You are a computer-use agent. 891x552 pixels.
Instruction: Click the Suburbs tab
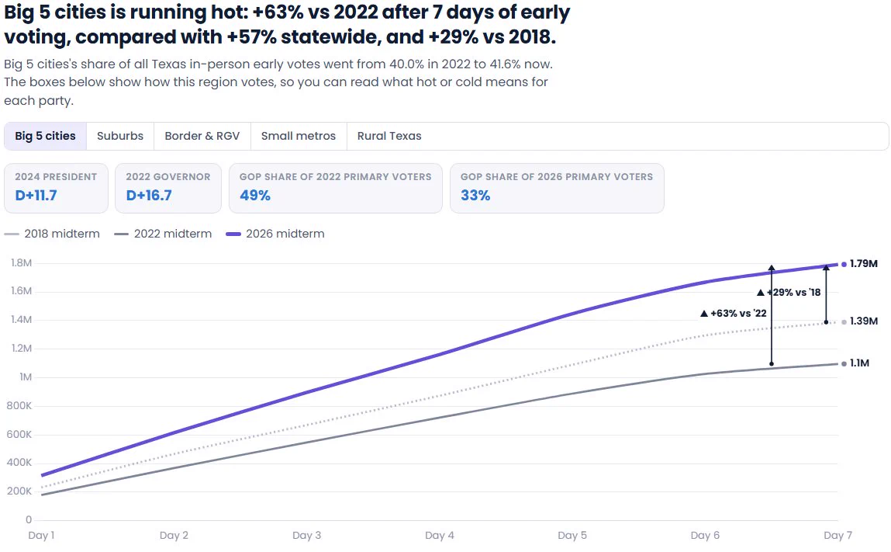pos(120,136)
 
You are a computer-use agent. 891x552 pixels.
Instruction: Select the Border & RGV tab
pos(202,136)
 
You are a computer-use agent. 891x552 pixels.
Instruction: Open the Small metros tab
pos(299,136)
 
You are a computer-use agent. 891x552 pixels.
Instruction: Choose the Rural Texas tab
pos(389,136)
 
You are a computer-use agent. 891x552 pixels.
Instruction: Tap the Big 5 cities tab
pos(46,136)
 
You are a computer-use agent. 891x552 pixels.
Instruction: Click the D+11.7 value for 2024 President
pos(36,195)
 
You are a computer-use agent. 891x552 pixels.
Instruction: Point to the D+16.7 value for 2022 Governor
pos(149,195)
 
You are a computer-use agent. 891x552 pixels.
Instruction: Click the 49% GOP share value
pos(255,195)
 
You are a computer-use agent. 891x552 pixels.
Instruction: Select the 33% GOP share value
pos(475,195)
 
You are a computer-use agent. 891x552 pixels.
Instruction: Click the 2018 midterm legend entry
pos(52,234)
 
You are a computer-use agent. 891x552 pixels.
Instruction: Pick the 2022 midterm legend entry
pos(163,234)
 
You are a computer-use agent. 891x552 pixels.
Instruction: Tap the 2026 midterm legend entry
pos(275,234)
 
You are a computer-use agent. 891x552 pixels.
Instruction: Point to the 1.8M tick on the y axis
pos(22,263)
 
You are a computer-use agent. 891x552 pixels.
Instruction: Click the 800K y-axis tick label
pos(19,406)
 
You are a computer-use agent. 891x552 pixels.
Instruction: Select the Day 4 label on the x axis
pos(439,536)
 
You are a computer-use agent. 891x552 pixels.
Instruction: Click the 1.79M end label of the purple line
pos(864,263)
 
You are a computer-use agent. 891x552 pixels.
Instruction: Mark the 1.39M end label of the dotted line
pos(864,321)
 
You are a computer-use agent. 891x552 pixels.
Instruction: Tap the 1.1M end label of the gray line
pos(859,363)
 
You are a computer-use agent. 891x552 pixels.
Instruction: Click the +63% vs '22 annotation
pos(734,314)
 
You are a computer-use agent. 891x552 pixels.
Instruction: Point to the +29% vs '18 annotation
pos(789,293)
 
